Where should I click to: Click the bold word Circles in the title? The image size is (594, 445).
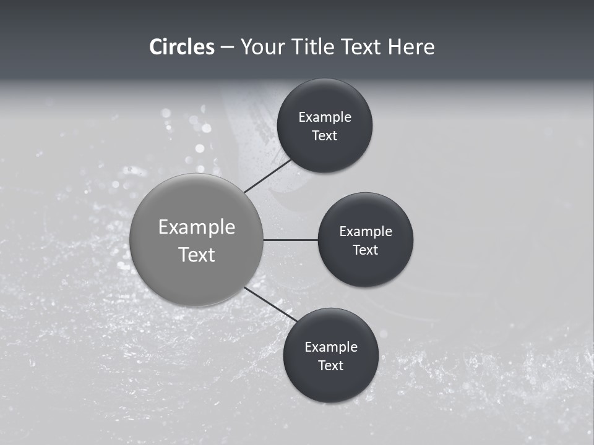(x=182, y=47)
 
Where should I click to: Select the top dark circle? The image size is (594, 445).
(x=325, y=99)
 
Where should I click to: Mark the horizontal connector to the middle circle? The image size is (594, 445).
(x=290, y=240)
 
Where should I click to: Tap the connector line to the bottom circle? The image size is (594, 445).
(x=271, y=304)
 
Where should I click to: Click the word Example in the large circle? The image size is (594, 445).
(x=197, y=227)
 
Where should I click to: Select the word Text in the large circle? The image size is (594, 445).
(x=197, y=255)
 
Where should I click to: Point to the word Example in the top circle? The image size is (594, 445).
(x=325, y=117)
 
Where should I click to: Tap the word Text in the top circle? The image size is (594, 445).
(x=325, y=135)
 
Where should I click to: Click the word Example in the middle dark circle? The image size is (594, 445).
(x=366, y=231)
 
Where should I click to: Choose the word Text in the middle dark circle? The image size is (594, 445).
(x=366, y=250)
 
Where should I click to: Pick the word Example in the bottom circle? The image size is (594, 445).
(x=331, y=347)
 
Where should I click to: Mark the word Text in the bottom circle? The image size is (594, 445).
(x=331, y=365)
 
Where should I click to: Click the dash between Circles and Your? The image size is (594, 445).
(x=227, y=48)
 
